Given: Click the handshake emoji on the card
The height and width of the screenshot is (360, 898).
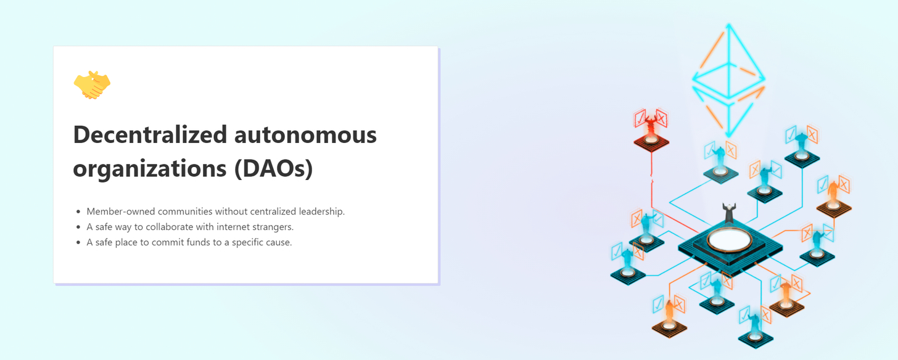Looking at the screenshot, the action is coord(92,85).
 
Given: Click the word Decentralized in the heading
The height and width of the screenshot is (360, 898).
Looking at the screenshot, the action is coord(150,134).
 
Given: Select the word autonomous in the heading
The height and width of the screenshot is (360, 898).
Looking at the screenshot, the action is coord(305,135).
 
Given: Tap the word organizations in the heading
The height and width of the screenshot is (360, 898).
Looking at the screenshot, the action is coord(149,169).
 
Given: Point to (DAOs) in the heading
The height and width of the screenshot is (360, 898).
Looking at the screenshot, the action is coord(273,168).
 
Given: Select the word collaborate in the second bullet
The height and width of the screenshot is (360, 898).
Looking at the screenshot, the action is coord(169,226).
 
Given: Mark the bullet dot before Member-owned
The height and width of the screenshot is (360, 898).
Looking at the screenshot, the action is coord(78,211).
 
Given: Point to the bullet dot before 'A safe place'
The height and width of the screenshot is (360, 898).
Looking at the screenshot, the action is coord(78,242).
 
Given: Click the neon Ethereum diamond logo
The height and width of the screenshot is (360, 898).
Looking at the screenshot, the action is coord(728,80).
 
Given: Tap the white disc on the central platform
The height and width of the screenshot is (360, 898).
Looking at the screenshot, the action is coord(729,240).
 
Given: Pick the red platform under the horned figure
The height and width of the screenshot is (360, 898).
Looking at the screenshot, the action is coord(651,142).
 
